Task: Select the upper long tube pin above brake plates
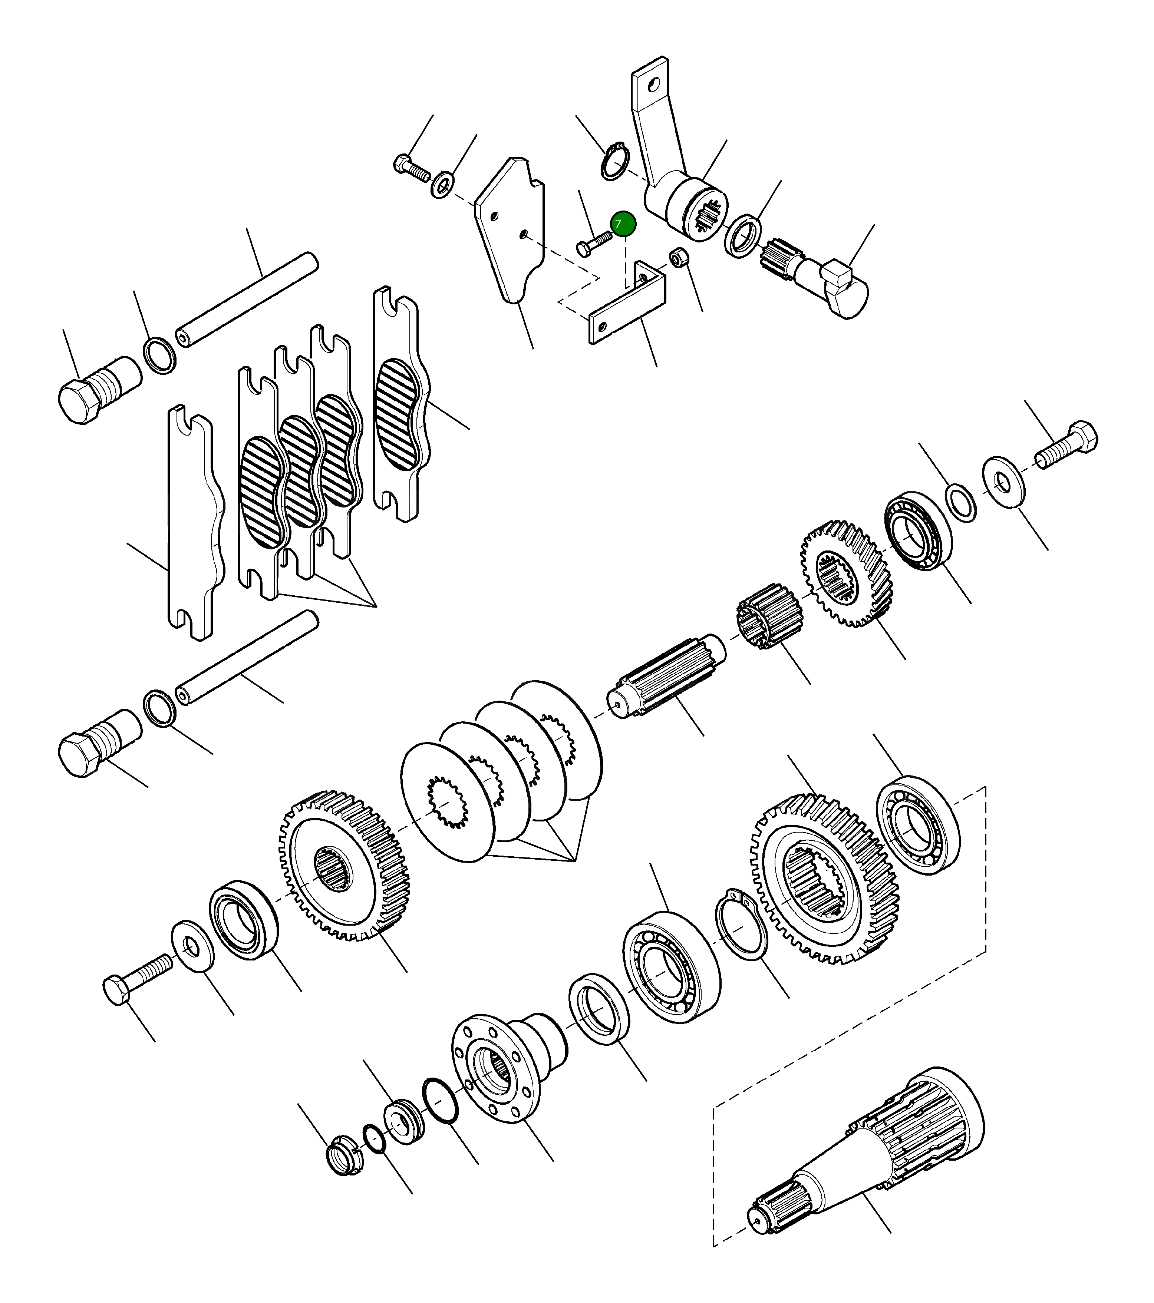tap(249, 300)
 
